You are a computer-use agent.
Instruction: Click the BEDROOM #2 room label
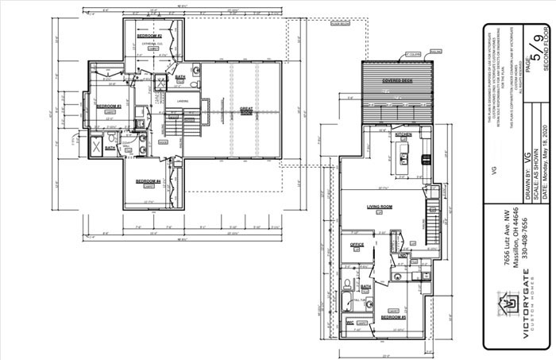[x=149, y=37]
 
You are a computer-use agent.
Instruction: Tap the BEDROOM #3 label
[x=108, y=106]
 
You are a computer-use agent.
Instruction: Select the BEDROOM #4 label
[x=148, y=181]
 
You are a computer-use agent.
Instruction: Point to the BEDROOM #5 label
[x=393, y=316]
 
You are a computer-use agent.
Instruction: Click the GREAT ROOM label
[x=247, y=110]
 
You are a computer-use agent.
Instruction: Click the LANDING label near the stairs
[x=182, y=101]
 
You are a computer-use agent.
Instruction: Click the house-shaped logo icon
[x=505, y=304]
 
